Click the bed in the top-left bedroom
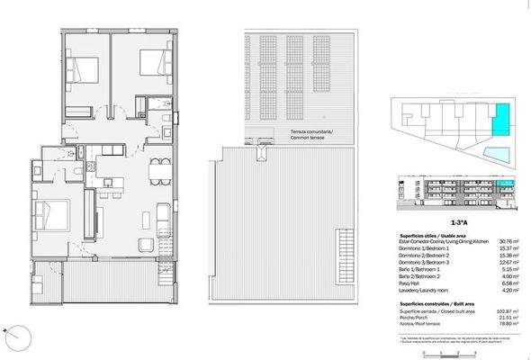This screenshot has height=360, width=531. coord(79,69)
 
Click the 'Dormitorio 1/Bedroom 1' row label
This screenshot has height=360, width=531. coord(425,248)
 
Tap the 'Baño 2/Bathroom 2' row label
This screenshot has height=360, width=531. coord(419,277)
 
